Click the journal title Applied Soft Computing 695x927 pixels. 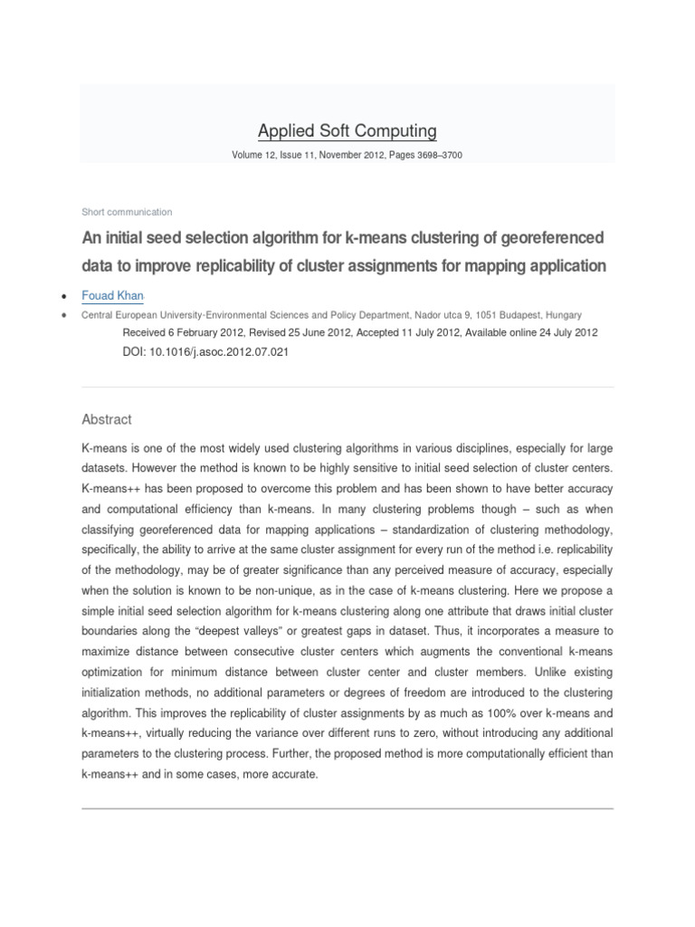coord(347,131)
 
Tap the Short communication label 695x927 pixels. coord(127,212)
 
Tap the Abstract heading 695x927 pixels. coord(107,419)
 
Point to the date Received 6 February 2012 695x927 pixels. coord(181,332)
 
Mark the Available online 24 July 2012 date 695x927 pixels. coord(531,332)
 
